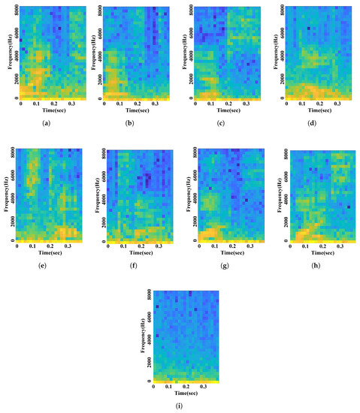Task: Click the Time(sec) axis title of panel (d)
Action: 315,111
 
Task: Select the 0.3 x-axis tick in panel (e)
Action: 69,246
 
